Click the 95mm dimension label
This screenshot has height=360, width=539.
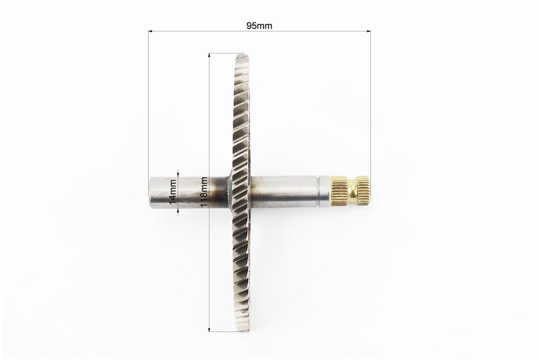(x=259, y=26)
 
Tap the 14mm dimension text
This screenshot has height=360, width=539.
(x=173, y=191)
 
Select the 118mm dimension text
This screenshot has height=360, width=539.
(x=204, y=192)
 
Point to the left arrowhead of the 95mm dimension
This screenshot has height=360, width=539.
(x=150, y=31)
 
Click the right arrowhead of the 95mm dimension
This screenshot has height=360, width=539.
(x=369, y=31)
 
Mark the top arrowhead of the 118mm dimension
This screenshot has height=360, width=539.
(x=209, y=56)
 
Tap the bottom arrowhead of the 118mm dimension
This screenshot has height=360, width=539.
(x=209, y=330)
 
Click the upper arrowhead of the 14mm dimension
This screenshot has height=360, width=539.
(x=178, y=174)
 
